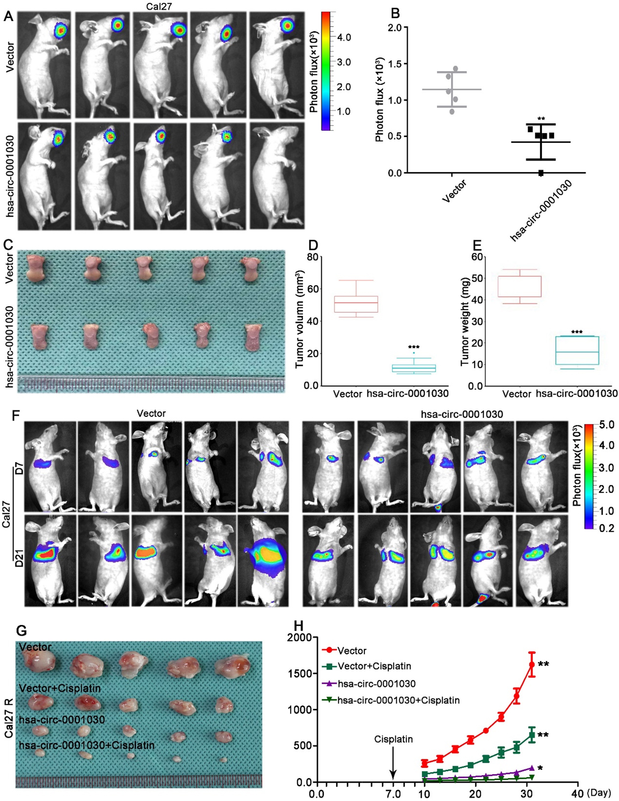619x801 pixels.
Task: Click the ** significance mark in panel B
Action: [541, 119]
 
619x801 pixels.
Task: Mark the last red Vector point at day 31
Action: [532, 664]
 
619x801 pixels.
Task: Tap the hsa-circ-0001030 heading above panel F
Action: [462, 414]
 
